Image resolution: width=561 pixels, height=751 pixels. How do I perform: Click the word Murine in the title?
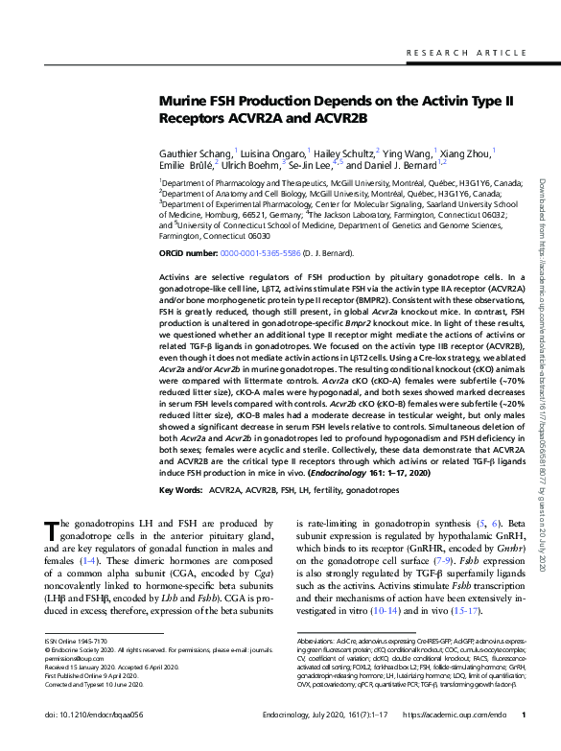coord(186,102)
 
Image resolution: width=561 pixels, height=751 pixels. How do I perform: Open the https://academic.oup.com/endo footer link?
coord(456,741)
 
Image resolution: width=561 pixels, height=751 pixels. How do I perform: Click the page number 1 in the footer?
coord(523,741)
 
